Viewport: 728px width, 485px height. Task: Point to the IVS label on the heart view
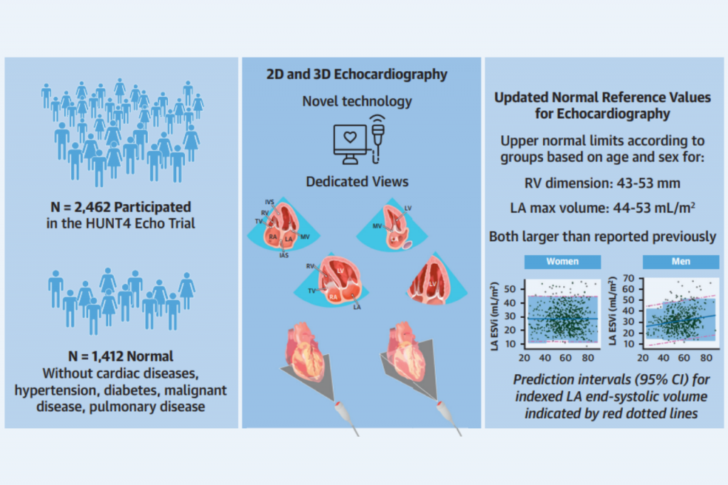[267, 202]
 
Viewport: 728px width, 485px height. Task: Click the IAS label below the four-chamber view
[285, 254]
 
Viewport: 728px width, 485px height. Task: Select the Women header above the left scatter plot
[562, 261]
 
